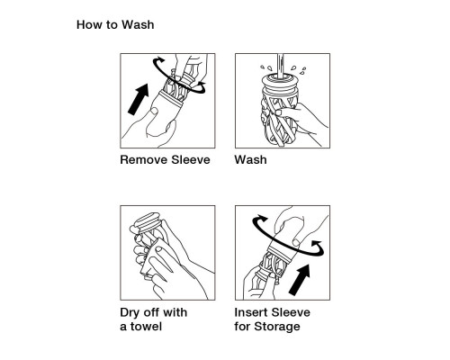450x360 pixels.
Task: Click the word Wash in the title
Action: (x=138, y=24)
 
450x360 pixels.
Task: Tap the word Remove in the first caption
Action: (x=144, y=159)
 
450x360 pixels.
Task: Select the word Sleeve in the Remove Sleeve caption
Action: (x=191, y=159)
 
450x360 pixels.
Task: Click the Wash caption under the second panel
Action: (x=250, y=159)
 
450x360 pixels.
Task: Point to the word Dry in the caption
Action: (x=130, y=312)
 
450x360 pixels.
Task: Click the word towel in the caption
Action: (x=146, y=327)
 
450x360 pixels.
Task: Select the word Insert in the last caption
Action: (x=251, y=312)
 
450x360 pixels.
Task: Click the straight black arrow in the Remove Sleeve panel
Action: (x=139, y=99)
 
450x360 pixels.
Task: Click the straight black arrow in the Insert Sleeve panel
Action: (x=300, y=280)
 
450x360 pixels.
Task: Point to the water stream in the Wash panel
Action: (x=280, y=67)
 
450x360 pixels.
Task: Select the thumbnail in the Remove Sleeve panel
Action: (x=154, y=112)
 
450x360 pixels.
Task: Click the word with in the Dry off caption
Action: (x=175, y=312)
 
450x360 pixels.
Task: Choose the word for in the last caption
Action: (x=243, y=327)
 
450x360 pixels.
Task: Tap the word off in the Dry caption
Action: (x=151, y=312)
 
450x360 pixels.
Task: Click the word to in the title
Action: (x=112, y=25)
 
